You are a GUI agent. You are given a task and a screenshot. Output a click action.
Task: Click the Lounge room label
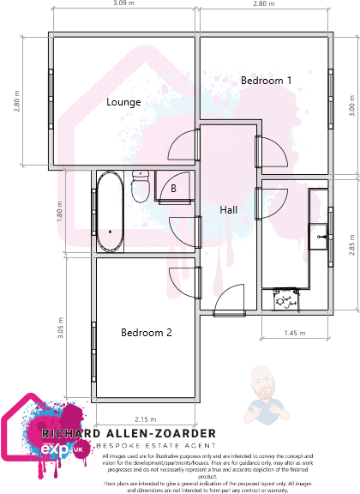tap(123, 102)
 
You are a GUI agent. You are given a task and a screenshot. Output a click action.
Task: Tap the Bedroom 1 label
tap(266, 80)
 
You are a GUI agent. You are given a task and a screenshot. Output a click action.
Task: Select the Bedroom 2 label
tap(147, 332)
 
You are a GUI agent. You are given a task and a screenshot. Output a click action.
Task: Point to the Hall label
tap(229, 210)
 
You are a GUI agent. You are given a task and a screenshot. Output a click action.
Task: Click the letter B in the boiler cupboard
tap(173, 188)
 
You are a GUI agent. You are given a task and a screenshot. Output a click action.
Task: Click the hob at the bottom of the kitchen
tap(285, 299)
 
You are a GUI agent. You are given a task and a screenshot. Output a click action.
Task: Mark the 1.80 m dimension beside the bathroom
tap(60, 211)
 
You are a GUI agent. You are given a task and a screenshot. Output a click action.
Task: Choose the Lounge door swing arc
tap(185, 148)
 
